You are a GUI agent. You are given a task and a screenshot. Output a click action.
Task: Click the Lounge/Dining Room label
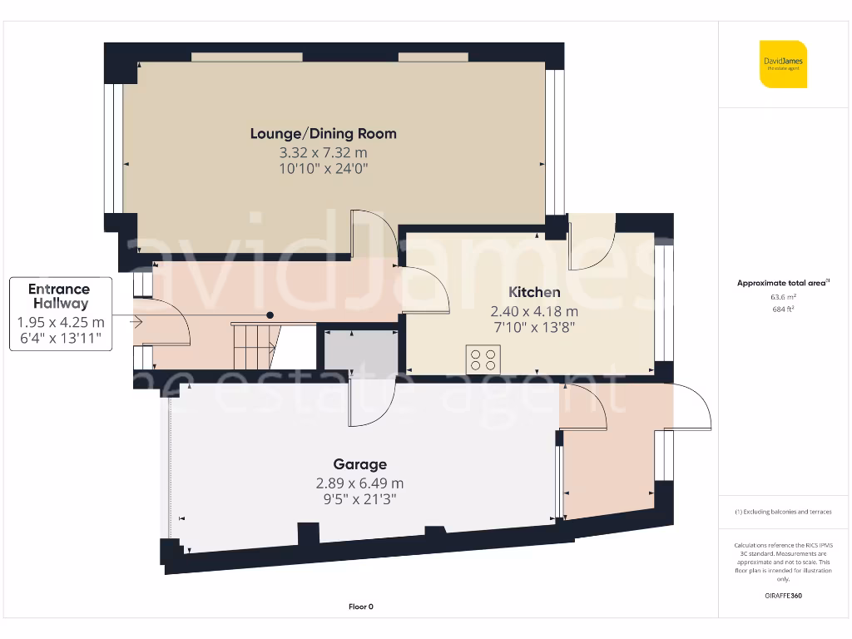324,133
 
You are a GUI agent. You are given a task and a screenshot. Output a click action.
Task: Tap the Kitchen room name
534,292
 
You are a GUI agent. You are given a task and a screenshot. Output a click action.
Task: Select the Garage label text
359,464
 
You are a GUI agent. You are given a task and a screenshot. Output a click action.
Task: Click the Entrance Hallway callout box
60,315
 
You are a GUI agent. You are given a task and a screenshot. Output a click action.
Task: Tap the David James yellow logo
783,64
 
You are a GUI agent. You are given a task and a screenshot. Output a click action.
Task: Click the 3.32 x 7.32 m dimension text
324,152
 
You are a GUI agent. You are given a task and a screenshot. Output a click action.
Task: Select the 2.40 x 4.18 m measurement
534,311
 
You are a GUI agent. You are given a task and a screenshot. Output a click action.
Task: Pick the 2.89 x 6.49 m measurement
359,483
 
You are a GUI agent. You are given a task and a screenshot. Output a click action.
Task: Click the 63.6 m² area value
783,296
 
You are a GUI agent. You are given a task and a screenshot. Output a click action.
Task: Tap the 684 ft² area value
783,309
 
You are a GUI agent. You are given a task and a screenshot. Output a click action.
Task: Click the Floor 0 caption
361,607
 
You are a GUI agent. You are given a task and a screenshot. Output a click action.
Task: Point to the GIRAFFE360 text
783,596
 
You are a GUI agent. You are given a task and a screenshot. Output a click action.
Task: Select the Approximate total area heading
783,283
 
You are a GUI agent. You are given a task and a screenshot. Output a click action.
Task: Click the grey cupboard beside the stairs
359,350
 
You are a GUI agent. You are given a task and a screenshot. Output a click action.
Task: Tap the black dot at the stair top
270,315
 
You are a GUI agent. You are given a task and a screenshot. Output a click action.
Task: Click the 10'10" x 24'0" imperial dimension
324,169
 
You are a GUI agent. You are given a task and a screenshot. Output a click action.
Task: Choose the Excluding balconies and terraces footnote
783,512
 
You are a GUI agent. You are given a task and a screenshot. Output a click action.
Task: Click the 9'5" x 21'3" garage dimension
359,499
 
